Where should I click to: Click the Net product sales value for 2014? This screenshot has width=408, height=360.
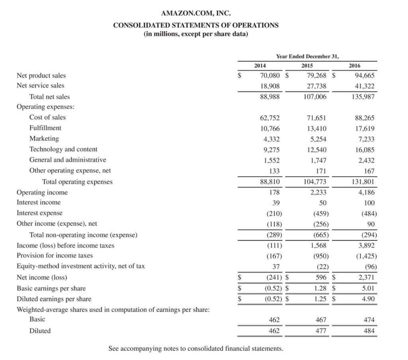(270, 75)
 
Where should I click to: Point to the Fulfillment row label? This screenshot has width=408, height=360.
(45, 128)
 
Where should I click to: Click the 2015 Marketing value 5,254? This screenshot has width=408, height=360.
(318, 139)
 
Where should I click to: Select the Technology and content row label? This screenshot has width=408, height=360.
(63, 149)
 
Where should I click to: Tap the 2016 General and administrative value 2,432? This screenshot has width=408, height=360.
(366, 160)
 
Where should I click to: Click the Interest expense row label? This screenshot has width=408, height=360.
(39, 213)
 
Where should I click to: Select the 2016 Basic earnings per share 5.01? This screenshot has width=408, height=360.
(367, 288)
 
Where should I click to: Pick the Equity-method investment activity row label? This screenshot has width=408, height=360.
(80, 266)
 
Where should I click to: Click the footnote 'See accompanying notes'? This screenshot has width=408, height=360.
(196, 348)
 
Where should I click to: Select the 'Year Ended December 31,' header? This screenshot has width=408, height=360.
(305, 57)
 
